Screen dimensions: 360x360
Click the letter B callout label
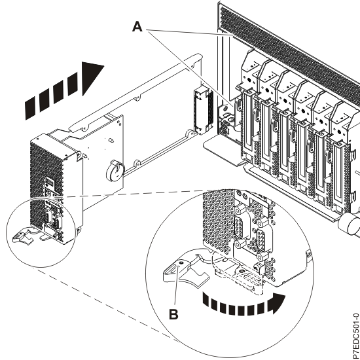coord(173,314)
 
